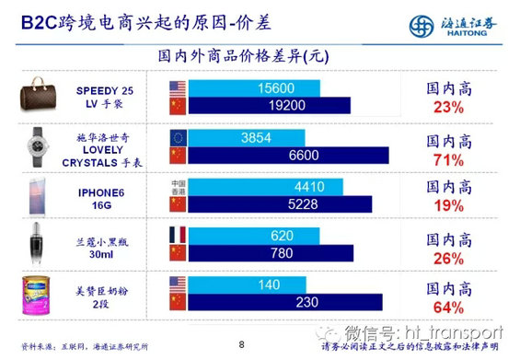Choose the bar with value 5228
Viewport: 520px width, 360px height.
pos(280,203)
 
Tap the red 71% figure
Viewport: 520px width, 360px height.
pos(447,159)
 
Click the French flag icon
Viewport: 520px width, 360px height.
pos(179,235)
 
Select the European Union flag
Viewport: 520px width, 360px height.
pos(179,137)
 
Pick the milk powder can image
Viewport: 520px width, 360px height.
pos(40,291)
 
